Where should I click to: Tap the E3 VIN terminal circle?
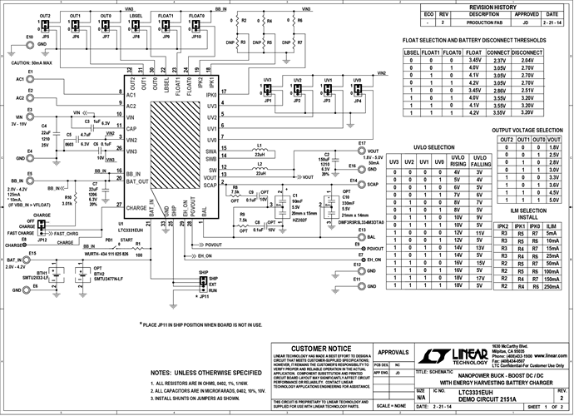30,117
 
